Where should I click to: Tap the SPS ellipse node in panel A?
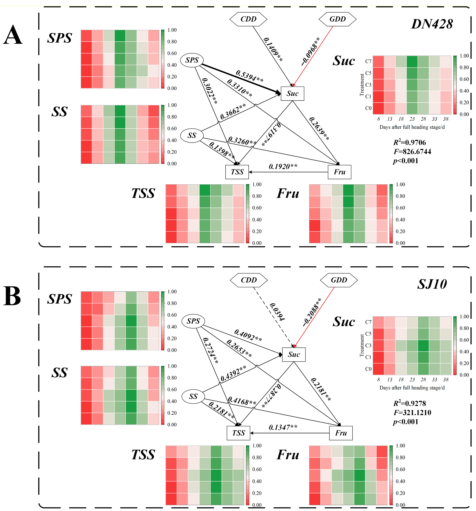point(192,60)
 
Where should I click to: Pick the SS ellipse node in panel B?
point(193,396)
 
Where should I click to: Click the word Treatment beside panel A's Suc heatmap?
point(362,85)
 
